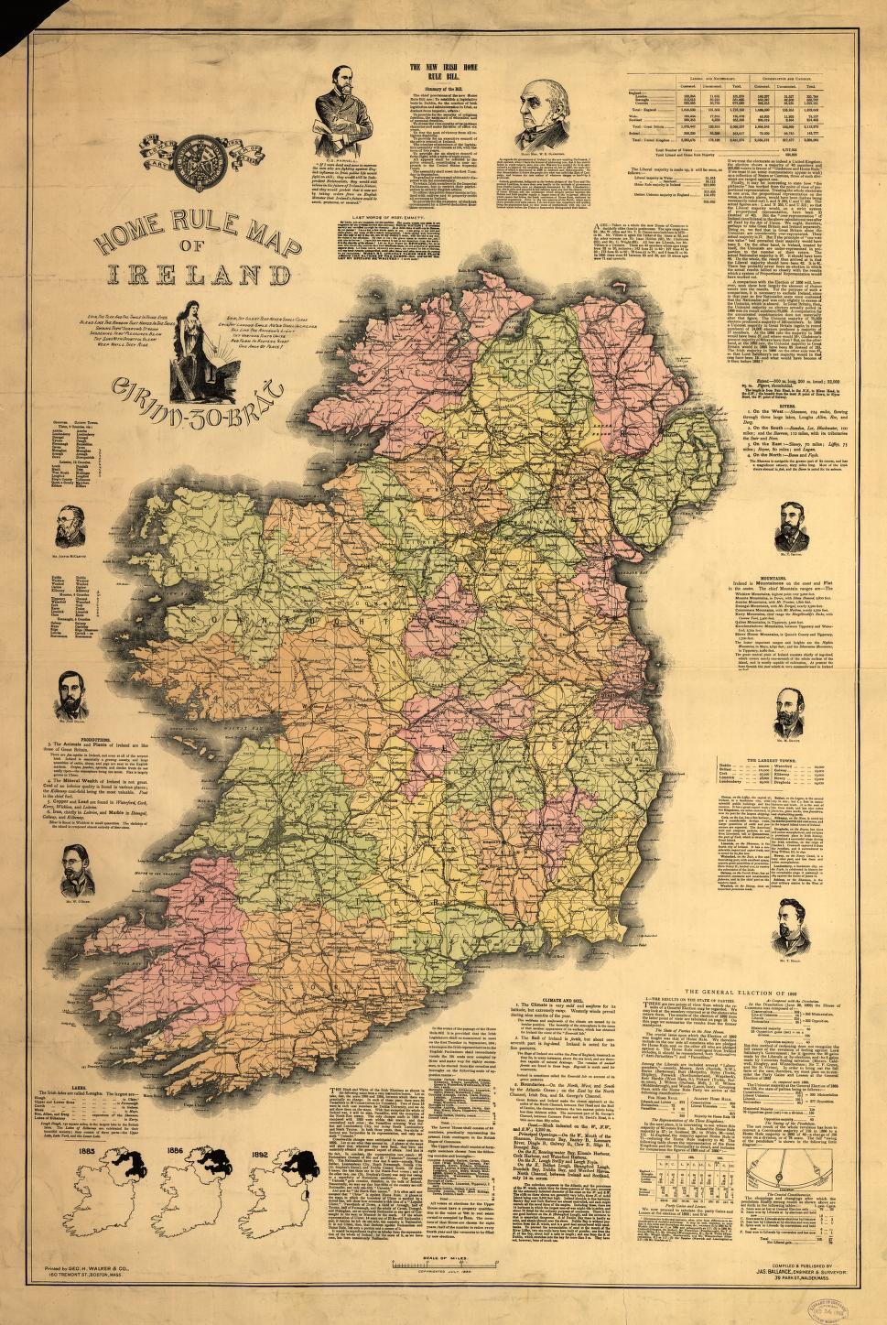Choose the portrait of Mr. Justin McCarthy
coord(78,527)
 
